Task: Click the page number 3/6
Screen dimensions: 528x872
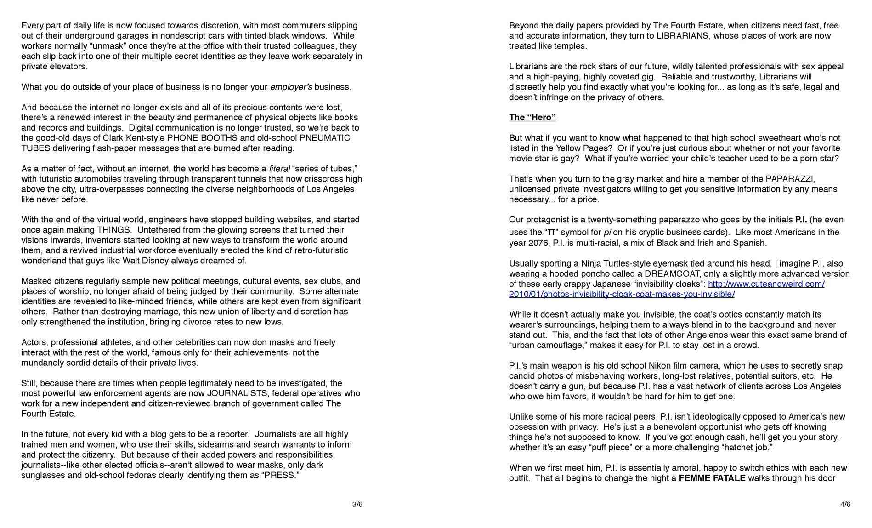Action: click(x=357, y=504)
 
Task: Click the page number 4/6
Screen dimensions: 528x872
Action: click(x=845, y=504)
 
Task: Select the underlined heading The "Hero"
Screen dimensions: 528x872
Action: click(x=532, y=117)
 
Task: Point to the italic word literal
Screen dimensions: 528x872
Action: click(x=279, y=169)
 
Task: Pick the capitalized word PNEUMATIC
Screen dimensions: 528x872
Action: click(x=325, y=138)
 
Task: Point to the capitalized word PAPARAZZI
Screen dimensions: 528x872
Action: click(x=790, y=179)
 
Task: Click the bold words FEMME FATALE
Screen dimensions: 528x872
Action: click(x=712, y=478)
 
